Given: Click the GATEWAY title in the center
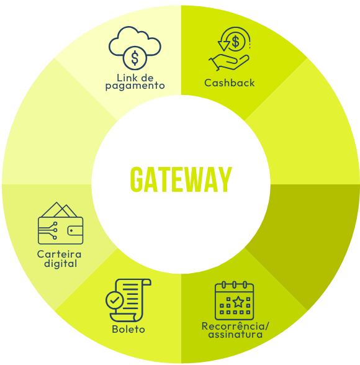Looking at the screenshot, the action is [181, 179].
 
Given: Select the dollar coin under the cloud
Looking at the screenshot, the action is [135, 58].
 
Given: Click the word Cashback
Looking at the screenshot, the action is [230, 83].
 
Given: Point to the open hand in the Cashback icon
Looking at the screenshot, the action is [229, 62].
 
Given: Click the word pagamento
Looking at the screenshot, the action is [135, 86].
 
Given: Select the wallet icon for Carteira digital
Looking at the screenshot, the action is [60, 223].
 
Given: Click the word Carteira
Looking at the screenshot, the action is [60, 254].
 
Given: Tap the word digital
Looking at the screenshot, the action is [60, 263].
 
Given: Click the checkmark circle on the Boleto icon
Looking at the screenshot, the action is [114, 300].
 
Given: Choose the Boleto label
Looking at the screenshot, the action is [128, 330].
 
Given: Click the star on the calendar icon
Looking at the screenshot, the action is [238, 302].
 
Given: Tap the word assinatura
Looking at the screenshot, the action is [235, 335].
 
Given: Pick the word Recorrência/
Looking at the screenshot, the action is [235, 327].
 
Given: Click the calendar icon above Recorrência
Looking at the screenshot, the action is [235, 300].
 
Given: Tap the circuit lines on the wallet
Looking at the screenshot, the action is [48, 230].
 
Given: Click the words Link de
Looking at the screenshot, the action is [135, 78].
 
